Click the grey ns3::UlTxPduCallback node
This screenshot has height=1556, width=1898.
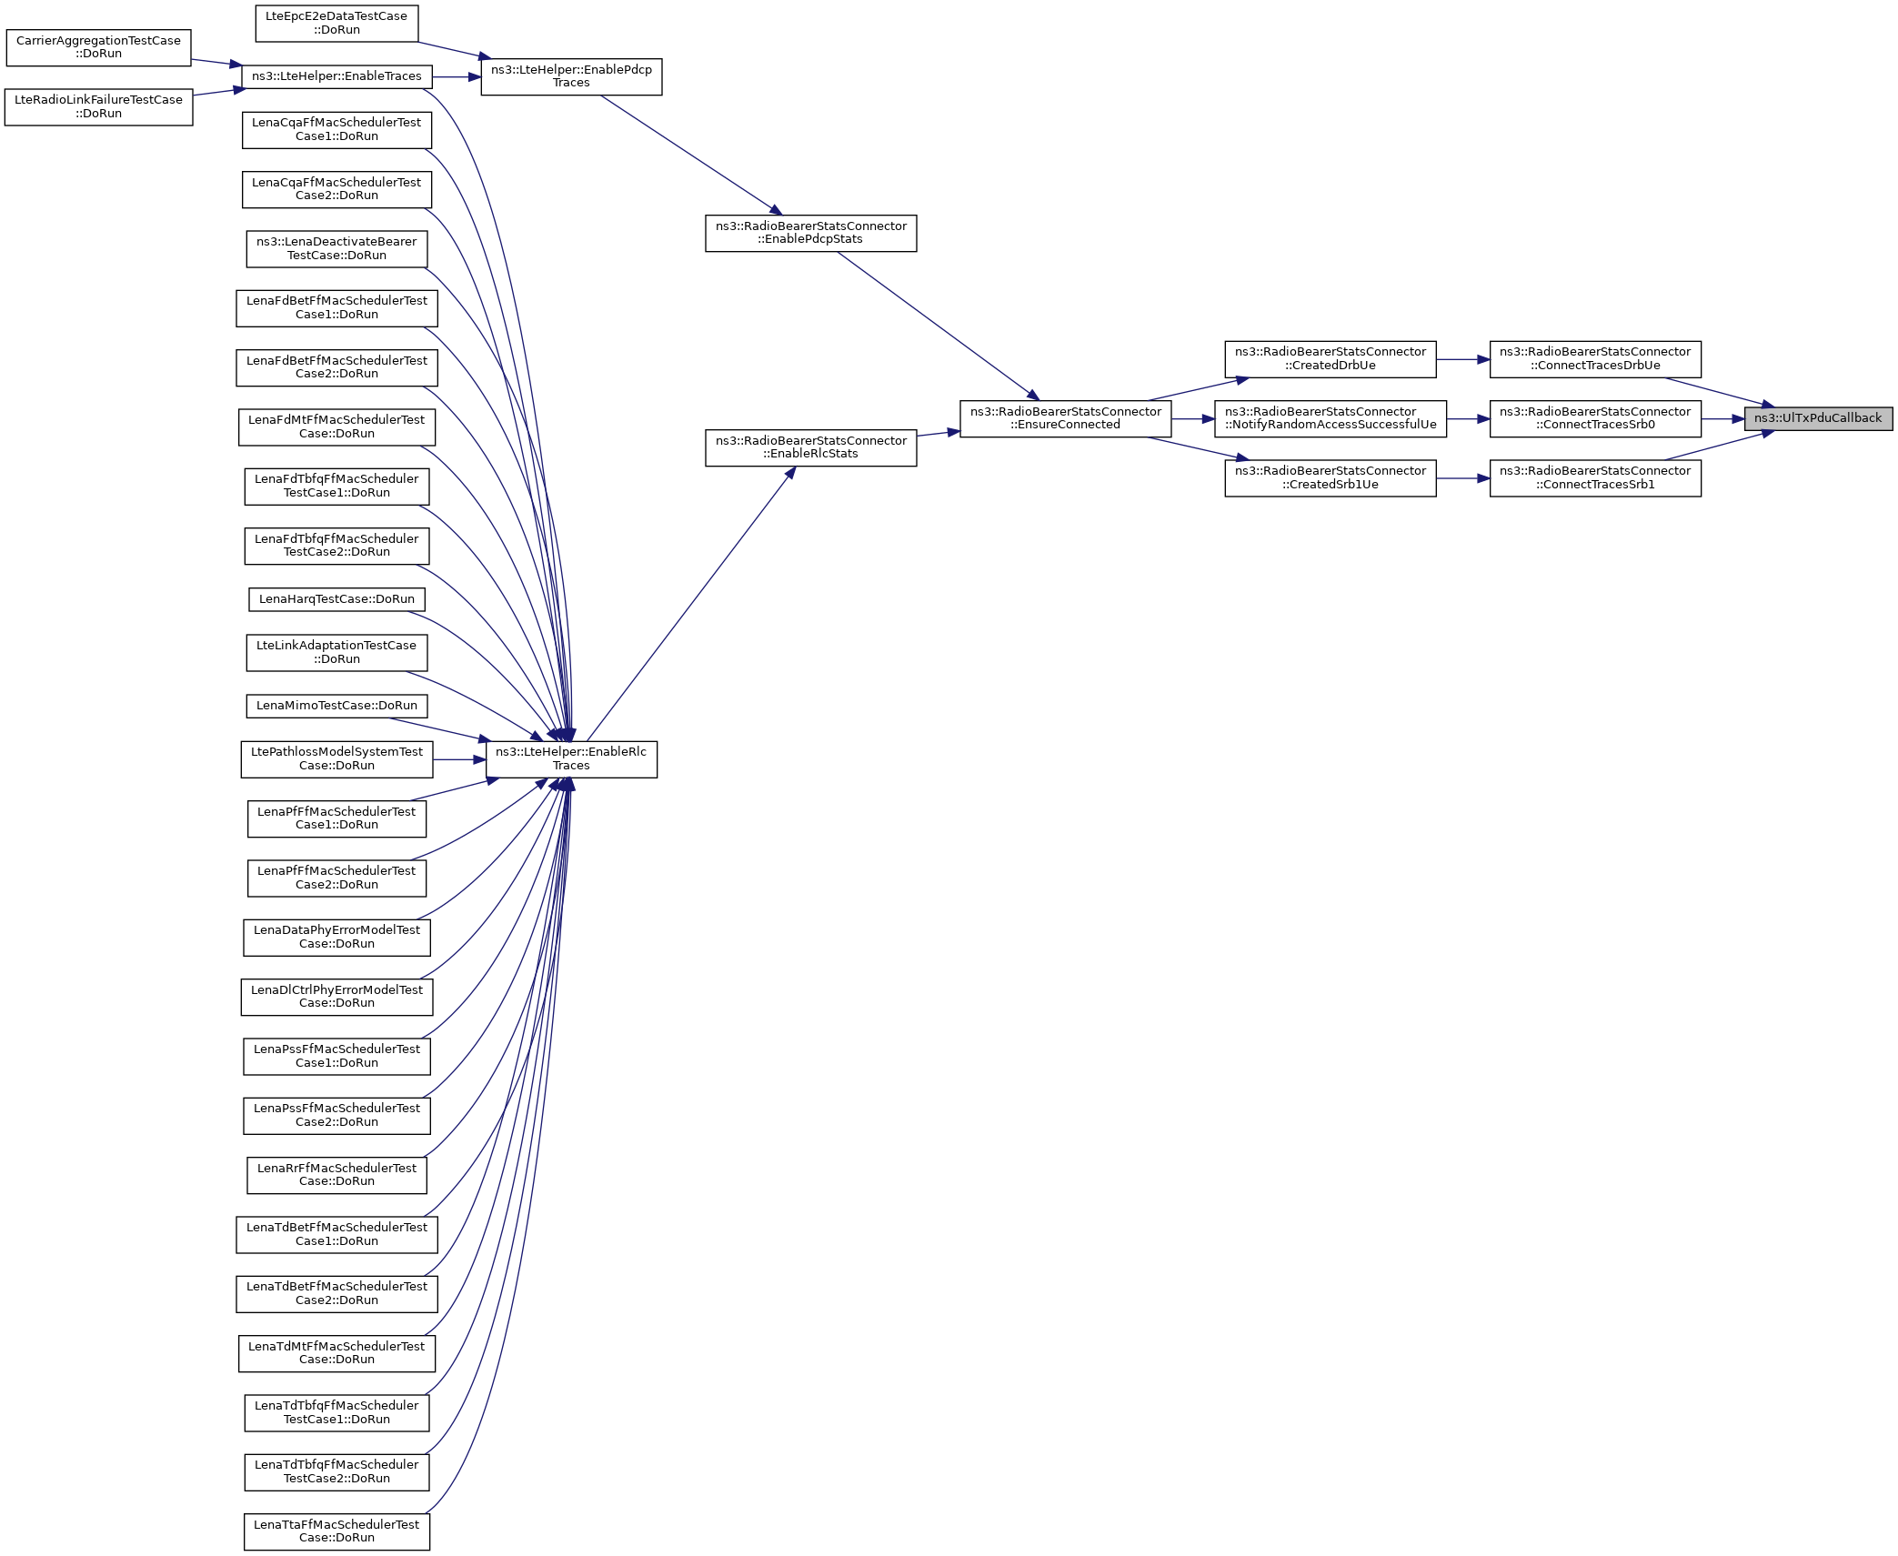coord(1817,418)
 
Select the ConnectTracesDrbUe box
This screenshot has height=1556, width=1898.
coord(1594,359)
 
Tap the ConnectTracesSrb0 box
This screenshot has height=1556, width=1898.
coord(1594,418)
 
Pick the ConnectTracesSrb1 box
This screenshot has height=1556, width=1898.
coord(1594,477)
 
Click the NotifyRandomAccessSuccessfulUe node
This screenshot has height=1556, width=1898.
coord(1330,418)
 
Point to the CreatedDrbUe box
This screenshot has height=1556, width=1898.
coord(1330,359)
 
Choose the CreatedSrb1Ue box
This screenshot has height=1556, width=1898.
coord(1330,477)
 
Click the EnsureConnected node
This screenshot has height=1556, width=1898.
coord(1065,418)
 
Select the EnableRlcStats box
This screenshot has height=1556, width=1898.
coord(810,447)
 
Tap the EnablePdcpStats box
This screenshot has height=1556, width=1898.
coord(810,233)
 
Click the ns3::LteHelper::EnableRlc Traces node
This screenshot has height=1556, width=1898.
coord(571,758)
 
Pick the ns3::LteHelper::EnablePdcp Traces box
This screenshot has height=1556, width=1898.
coord(571,76)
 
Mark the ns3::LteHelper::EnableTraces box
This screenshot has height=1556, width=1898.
coord(336,76)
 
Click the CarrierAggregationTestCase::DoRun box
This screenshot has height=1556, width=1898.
coord(98,47)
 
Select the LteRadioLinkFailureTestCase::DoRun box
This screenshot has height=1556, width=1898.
coord(98,107)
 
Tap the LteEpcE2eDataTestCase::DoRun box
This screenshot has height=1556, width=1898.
coord(336,24)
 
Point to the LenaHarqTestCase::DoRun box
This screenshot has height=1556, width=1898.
coord(336,599)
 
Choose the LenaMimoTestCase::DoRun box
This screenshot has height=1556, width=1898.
coord(336,706)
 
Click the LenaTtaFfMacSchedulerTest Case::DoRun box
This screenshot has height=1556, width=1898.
coord(336,1531)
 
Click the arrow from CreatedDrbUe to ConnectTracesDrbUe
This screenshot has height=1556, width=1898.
coord(1462,359)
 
